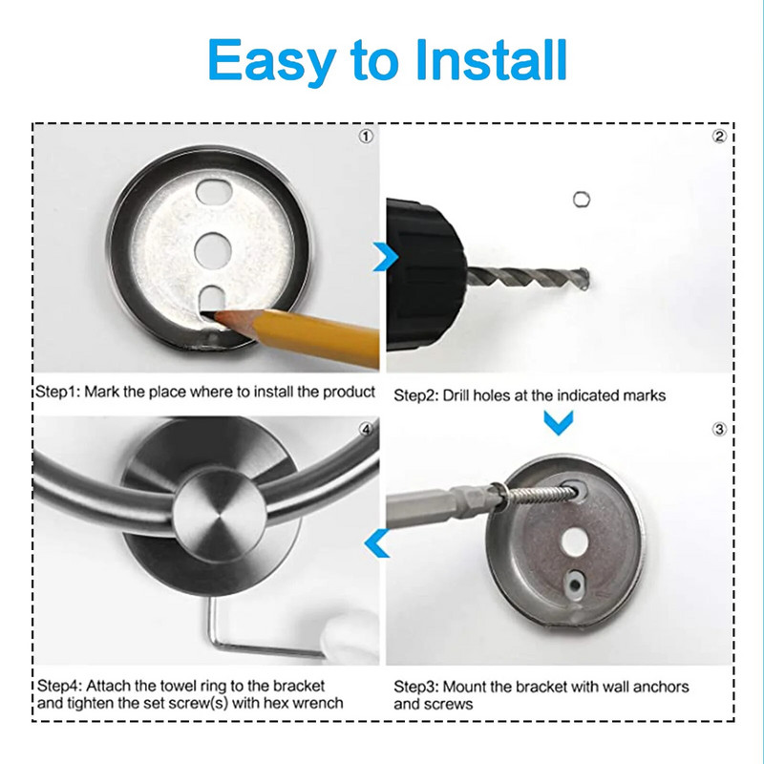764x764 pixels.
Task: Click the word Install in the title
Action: coord(491,59)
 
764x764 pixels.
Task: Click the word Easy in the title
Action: coord(272,62)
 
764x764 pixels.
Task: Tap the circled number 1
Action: coord(366,137)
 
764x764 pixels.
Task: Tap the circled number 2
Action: coord(720,137)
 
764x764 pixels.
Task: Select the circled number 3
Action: coord(720,429)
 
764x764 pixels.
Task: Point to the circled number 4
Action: coord(366,429)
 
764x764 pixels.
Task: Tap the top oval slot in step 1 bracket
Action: coord(213,191)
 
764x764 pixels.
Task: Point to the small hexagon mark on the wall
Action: coord(582,200)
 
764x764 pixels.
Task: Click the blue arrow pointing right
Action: coord(386,256)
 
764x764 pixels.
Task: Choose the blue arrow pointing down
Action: coord(559,422)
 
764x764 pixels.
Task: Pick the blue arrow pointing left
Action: coord(376,542)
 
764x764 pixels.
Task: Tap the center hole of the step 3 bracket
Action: coord(575,541)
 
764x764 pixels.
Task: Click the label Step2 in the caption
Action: coord(415,395)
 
